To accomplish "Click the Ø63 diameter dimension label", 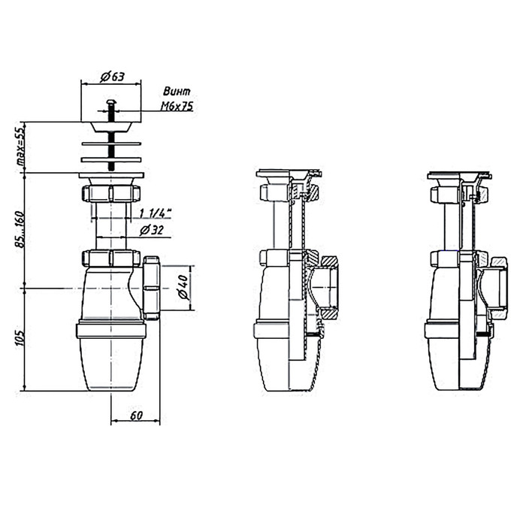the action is [113, 77].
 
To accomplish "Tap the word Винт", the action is [177, 91].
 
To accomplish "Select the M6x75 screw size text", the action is [177, 107].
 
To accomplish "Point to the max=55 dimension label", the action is [21, 147].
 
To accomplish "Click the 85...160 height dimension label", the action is [21, 229].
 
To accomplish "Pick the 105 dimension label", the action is [20, 338].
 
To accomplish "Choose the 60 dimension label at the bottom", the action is [136, 416].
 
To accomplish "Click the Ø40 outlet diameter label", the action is [183, 287].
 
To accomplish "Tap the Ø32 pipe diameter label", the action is [151, 230].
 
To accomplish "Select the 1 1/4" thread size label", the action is [155, 213].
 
